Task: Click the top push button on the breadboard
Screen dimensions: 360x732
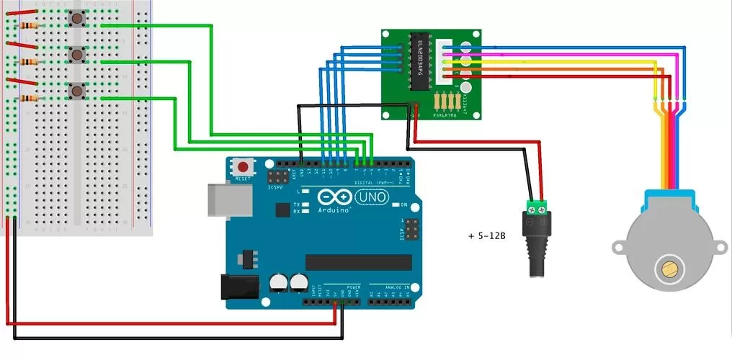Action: pos(76,19)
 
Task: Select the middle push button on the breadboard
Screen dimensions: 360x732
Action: pos(76,55)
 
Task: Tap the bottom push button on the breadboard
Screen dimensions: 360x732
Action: pos(76,91)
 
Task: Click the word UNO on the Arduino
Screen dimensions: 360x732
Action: pos(370,196)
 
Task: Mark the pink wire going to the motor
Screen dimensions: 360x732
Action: pos(562,54)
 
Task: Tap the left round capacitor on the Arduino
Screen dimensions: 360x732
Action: pos(279,283)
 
